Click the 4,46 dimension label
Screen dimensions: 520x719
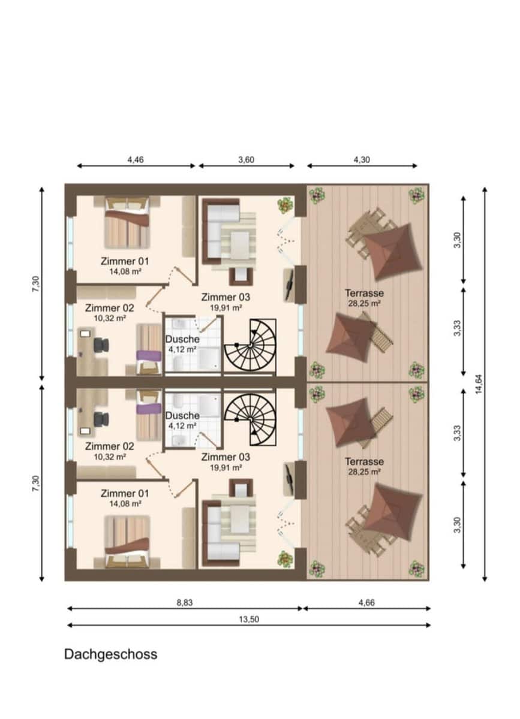(136, 159)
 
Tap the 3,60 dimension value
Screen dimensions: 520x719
(246, 159)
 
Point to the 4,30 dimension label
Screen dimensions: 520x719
(362, 159)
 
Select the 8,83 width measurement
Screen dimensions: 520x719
(185, 603)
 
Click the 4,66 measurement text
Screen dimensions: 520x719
(366, 603)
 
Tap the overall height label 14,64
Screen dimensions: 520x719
(479, 384)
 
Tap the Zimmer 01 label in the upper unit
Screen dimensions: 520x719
(125, 261)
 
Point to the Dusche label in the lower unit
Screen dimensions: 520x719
(182, 416)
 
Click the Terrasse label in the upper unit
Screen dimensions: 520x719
(365, 293)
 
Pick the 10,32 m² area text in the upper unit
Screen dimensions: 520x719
(110, 318)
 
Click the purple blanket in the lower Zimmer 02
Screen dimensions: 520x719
(149, 409)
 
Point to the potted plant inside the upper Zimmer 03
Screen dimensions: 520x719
(285, 206)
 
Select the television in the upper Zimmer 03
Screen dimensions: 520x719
(290, 285)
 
